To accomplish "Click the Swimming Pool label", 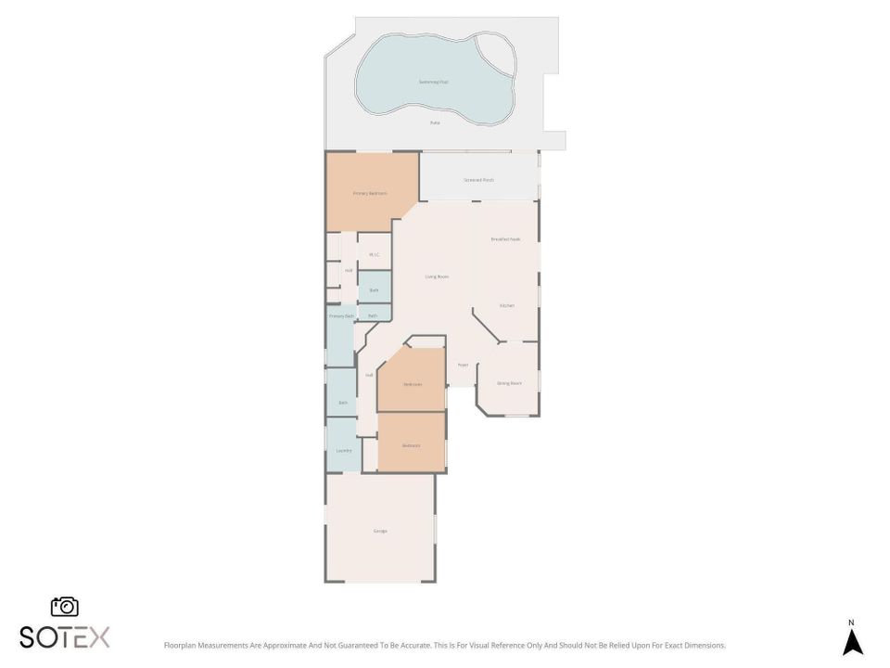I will tap(433, 82).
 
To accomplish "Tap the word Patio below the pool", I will tap(434, 122).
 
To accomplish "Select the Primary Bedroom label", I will tap(370, 193).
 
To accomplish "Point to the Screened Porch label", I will tap(478, 179).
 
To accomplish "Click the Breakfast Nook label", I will tap(505, 239).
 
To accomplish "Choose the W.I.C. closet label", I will tap(374, 254).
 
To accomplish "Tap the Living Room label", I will tap(437, 276).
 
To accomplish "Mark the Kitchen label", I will tap(506, 305).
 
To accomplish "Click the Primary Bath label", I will tap(342, 316).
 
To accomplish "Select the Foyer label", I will tap(463, 365).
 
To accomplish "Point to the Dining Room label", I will tap(509, 382).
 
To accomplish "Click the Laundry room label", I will tap(343, 451).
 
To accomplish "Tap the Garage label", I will tap(380, 531).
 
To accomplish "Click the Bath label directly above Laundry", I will tap(342, 402).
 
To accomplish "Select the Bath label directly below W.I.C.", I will tap(374, 290).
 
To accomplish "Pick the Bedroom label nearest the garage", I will tap(411, 445).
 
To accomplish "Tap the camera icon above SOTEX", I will tap(65, 607).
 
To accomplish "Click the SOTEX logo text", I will tap(65, 636).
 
